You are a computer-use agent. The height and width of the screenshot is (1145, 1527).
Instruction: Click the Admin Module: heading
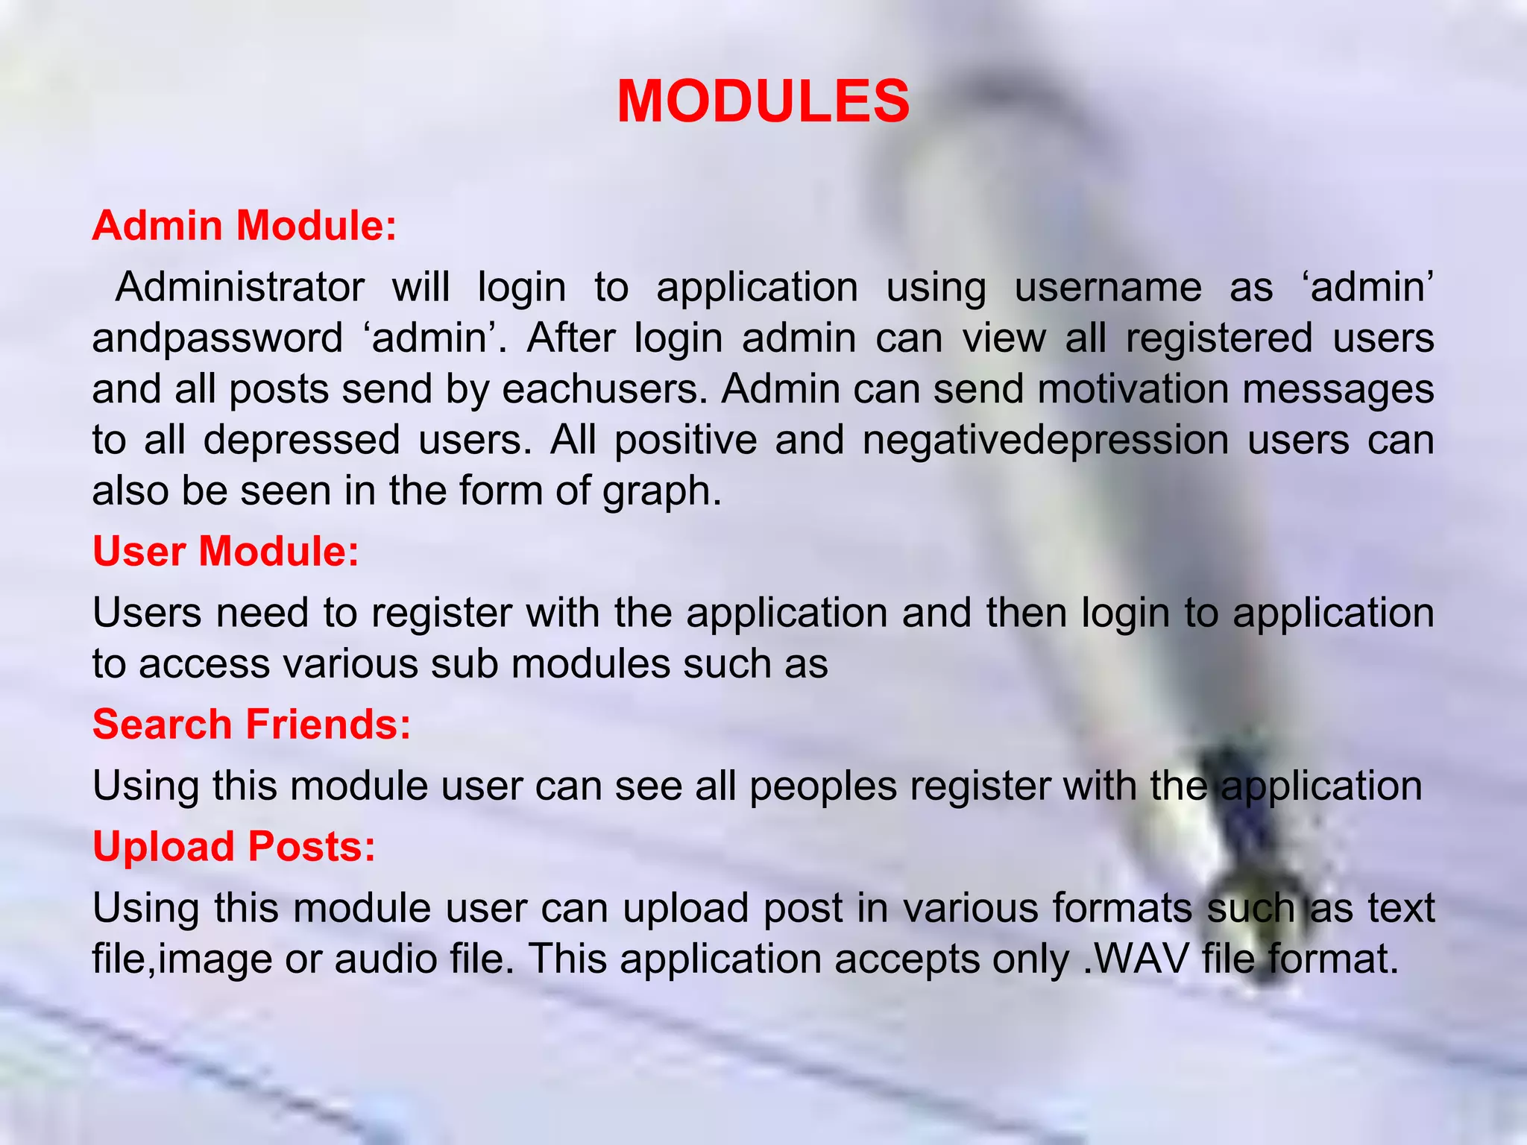(x=244, y=225)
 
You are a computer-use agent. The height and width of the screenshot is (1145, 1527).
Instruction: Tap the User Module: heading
(x=226, y=552)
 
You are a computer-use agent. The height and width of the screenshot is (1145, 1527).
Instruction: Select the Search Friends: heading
(x=251, y=725)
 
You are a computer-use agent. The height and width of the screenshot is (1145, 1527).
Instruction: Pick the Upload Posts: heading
(x=234, y=847)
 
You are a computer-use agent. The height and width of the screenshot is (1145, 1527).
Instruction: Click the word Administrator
(x=240, y=288)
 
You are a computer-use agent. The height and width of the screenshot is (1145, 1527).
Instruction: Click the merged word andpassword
(x=217, y=339)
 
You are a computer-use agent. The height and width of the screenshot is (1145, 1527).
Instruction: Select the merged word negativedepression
(x=1045, y=440)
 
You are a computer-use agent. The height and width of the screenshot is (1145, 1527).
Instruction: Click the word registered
(x=1219, y=338)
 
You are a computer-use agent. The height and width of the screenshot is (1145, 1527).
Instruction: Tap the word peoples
(x=823, y=786)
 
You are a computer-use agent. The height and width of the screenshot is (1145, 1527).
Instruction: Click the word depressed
(x=301, y=440)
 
